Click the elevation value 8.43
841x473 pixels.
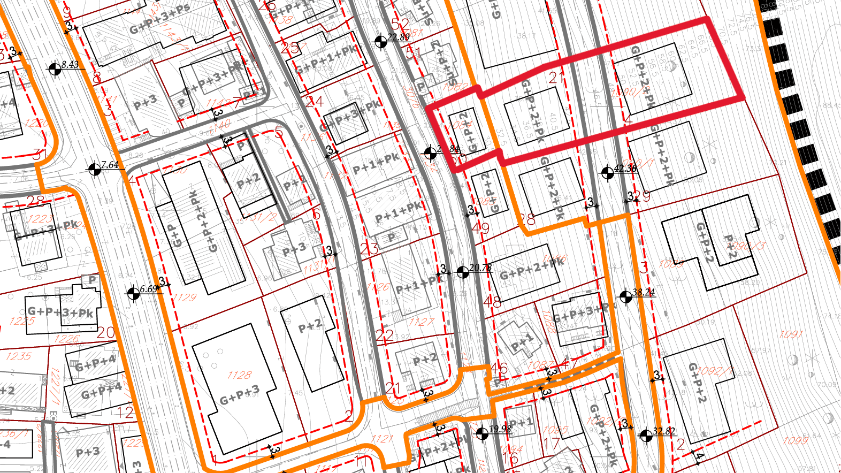click(x=70, y=65)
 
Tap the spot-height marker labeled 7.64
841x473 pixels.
click(x=95, y=170)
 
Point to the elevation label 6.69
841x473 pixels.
click(x=148, y=289)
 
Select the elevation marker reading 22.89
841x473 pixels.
click(x=380, y=41)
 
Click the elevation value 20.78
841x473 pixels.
click(x=480, y=268)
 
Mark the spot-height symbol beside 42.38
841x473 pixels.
click(x=607, y=173)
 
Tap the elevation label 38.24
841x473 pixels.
click(x=643, y=292)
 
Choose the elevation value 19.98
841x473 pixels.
click(x=500, y=429)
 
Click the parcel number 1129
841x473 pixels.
click(x=185, y=297)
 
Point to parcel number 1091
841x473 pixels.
click(x=791, y=334)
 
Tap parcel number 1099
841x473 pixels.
click(x=795, y=440)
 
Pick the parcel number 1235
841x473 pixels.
click(x=19, y=356)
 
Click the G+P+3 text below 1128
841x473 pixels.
click(x=239, y=395)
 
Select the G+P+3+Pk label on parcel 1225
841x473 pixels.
click(x=60, y=312)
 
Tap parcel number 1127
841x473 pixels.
click(x=421, y=322)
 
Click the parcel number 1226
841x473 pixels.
click(x=67, y=339)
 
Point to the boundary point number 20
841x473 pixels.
click(x=106, y=332)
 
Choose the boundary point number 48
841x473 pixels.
click(x=492, y=302)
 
